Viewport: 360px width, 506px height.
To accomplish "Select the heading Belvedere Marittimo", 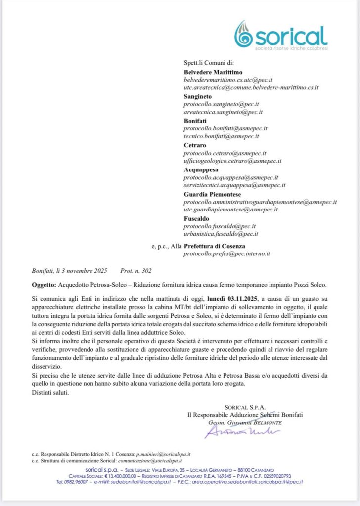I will pos(213,72).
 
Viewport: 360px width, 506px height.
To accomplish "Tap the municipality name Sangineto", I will pos(198,96).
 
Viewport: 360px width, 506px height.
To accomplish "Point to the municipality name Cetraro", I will pos(195,145).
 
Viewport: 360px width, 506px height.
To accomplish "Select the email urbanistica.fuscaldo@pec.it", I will pos(221,234).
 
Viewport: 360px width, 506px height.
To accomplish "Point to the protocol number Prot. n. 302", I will pos(136,271).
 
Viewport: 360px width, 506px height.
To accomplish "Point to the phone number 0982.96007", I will pos(78,481).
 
